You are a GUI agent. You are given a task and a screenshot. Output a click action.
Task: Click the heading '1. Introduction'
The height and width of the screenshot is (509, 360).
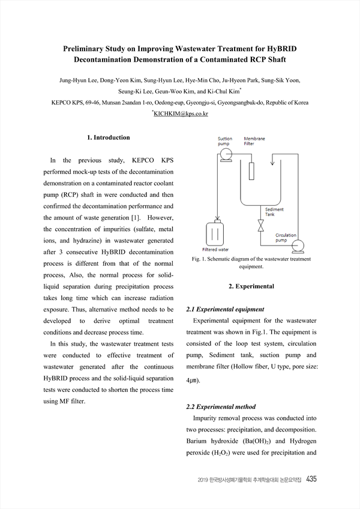click(108, 137)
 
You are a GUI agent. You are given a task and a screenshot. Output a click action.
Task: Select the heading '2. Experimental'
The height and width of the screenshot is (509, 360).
click(251, 286)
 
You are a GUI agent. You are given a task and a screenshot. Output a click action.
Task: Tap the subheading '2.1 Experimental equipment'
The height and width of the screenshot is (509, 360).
click(225, 309)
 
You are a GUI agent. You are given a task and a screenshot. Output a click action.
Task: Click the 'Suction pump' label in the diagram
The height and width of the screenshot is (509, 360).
click(224, 142)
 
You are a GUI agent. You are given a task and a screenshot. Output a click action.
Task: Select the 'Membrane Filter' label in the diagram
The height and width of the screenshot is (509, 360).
click(254, 142)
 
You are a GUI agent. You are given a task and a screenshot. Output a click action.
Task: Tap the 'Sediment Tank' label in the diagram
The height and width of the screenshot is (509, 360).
click(275, 212)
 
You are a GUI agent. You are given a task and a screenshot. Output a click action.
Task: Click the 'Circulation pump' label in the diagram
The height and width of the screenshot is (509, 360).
click(288, 238)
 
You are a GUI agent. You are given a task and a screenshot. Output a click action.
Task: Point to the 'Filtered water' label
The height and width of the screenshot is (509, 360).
click(215, 250)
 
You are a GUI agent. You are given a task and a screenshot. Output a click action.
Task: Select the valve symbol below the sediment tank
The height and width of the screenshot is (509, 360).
click(260, 226)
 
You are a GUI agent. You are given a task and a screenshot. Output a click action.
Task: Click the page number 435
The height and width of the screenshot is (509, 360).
click(311, 479)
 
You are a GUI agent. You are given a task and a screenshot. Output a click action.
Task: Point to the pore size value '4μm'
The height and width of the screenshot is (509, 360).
click(193, 381)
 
